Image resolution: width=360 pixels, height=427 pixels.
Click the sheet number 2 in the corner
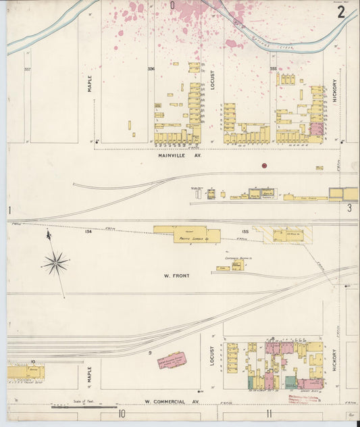point(342,12)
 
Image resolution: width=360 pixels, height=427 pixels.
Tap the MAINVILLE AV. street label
point(180,155)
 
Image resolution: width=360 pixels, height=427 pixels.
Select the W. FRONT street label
point(177,276)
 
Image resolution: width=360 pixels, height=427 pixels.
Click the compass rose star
point(55,263)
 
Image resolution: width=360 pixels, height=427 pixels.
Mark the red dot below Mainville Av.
point(264,166)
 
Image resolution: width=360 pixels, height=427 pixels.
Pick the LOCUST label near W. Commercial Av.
point(212,356)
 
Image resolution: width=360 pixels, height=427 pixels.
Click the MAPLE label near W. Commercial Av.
point(90,374)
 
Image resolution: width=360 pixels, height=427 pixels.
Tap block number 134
point(88,232)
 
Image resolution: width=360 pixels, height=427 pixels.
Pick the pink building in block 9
point(171,361)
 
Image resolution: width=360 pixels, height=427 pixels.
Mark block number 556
point(151,69)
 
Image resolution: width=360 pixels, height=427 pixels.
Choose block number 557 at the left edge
point(27,69)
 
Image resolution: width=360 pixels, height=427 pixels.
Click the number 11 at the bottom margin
point(269,413)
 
